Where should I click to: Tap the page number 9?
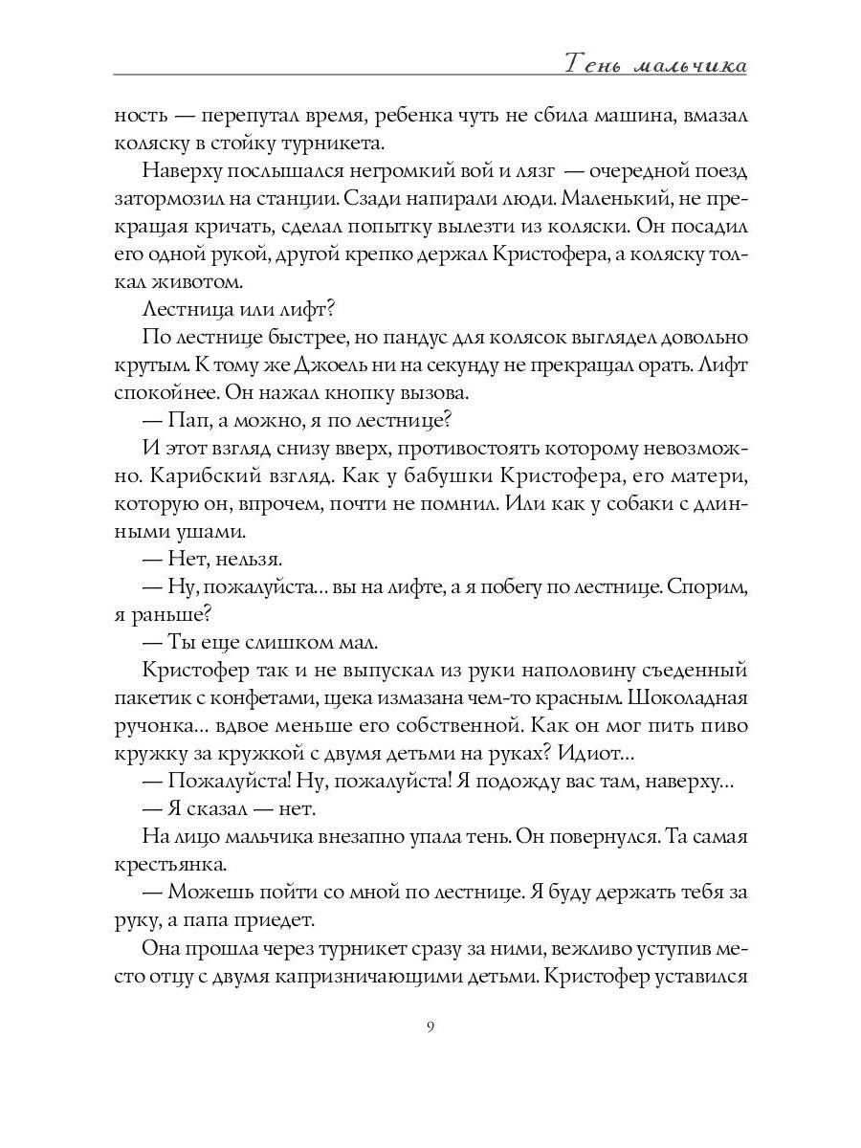coord(430,1027)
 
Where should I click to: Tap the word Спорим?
coord(706,585)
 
